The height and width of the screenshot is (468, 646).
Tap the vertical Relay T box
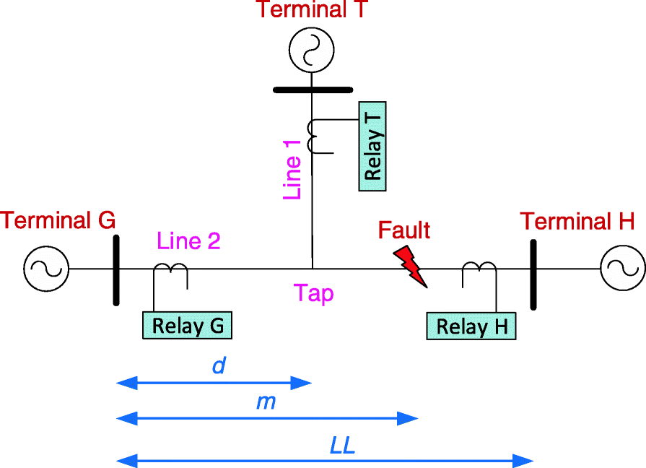(373, 145)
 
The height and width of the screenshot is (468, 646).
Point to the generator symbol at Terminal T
(311, 50)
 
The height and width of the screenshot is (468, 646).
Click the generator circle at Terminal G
(46, 269)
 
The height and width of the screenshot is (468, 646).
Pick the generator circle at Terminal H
(622, 269)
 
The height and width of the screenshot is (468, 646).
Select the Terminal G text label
(58, 220)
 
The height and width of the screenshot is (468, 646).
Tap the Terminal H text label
(577, 221)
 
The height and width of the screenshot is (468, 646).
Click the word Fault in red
(404, 230)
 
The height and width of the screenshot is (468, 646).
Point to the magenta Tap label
(313, 293)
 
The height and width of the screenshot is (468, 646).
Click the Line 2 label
(188, 240)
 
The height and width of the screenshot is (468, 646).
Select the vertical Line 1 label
(292, 171)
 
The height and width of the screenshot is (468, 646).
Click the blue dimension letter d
(219, 365)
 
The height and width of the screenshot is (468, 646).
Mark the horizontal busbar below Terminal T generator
(312, 90)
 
